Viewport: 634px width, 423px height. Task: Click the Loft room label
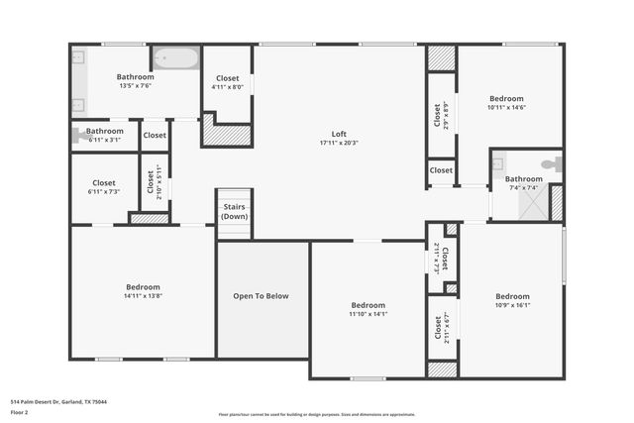tap(339, 134)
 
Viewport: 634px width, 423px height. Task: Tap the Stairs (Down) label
tap(234, 211)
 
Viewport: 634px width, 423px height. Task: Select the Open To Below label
tap(262, 295)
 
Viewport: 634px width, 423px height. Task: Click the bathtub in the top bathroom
tap(174, 58)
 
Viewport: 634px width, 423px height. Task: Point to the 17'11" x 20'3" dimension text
tap(339, 144)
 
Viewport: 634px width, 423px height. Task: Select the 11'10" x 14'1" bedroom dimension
tap(369, 314)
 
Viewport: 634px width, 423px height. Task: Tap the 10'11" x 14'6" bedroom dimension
tap(506, 108)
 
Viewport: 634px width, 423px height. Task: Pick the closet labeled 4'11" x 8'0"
tap(227, 82)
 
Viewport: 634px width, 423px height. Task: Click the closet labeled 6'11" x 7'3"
tap(104, 187)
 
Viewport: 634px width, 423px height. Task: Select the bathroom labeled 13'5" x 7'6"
tap(135, 81)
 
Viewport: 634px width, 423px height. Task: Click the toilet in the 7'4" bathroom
tap(550, 164)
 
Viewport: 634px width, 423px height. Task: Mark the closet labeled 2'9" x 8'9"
tap(441, 116)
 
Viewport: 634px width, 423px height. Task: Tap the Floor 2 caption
tap(19, 411)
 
